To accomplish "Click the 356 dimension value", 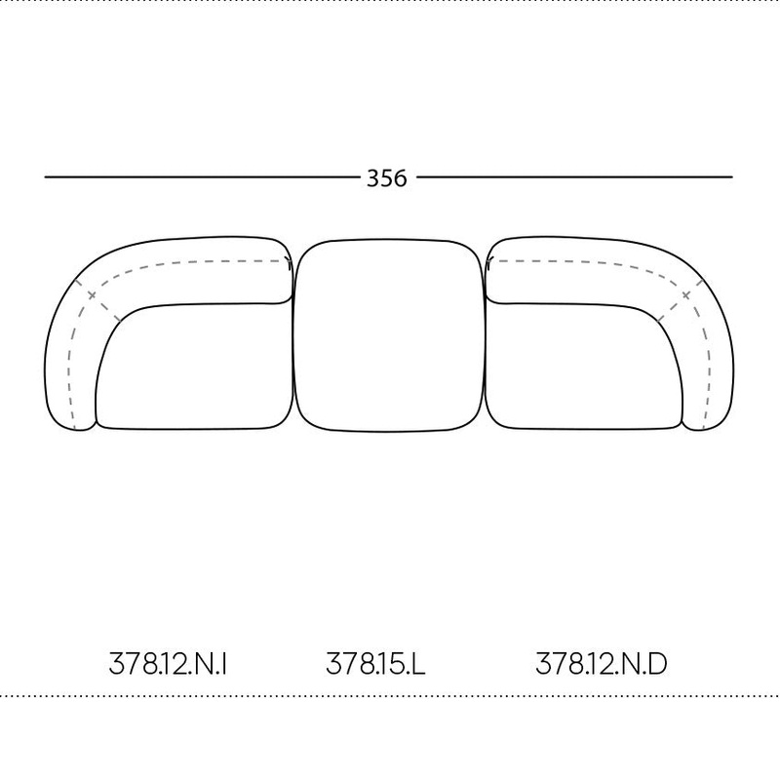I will tap(387, 177).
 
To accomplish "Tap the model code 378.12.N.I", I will tap(169, 664).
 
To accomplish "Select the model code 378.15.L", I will tap(375, 664).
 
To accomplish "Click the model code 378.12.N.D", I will tap(602, 664).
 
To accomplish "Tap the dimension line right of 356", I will tap(575, 177).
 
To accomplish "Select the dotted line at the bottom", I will tap(390, 696).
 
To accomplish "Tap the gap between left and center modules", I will tap(293, 331).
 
